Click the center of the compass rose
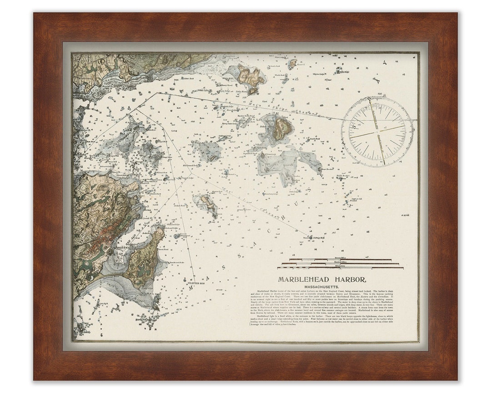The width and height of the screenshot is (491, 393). [377, 132]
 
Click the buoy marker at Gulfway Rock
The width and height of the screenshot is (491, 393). [311, 237]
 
